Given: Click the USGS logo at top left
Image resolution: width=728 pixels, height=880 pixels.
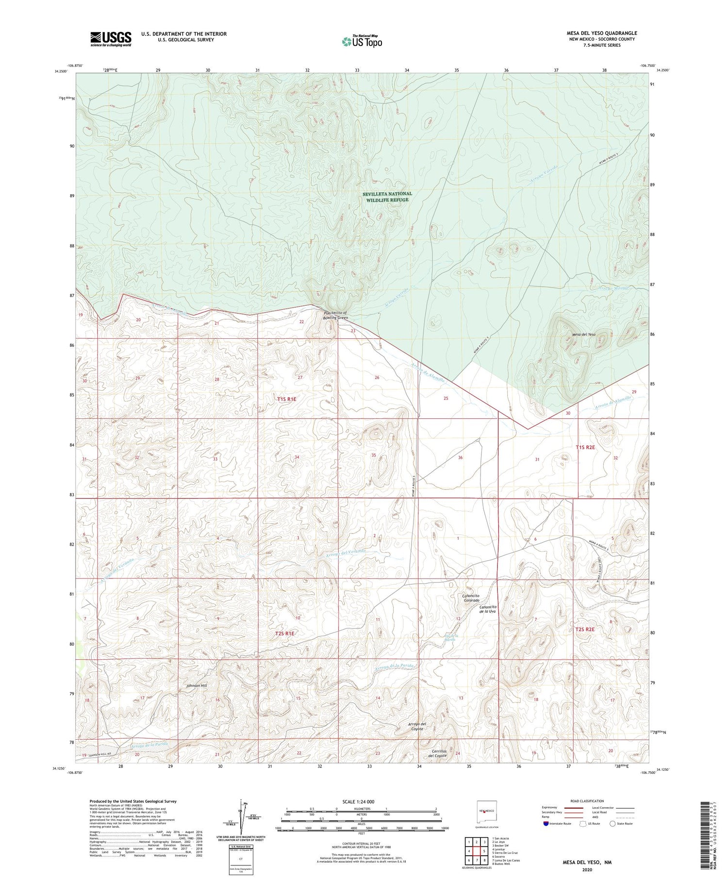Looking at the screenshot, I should [x=110, y=39].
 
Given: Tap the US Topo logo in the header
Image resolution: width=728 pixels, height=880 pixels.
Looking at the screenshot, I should [x=362, y=41].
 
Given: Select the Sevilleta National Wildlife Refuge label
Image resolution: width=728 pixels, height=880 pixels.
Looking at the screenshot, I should [x=387, y=197].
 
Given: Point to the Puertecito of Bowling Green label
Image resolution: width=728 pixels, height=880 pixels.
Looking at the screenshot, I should [x=336, y=315].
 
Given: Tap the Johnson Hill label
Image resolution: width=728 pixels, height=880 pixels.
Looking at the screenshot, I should [x=197, y=685].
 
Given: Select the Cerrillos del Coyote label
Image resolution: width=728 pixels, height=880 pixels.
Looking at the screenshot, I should [x=439, y=767].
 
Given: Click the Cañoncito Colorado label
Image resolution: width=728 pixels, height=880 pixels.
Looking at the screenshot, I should [x=471, y=598].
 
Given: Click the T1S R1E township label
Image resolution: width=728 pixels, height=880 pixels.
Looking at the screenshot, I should [x=286, y=399].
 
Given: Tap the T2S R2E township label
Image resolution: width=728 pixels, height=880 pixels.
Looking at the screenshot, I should [x=585, y=630].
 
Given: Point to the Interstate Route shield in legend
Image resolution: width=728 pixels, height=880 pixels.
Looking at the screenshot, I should [x=546, y=824].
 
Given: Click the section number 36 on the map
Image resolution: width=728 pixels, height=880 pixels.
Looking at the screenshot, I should [x=460, y=458].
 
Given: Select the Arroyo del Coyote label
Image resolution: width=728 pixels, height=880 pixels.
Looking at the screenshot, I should [x=416, y=727].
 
